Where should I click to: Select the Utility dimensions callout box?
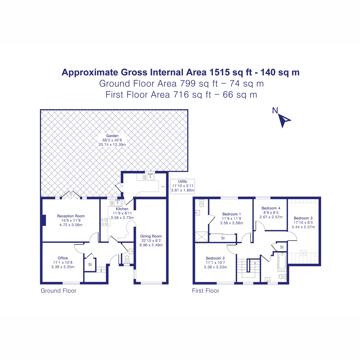point(182,186)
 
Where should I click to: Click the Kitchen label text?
point(122,209)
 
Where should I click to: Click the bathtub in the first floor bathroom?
point(282,261)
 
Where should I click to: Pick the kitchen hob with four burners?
point(104,222)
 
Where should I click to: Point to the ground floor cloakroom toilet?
point(127,259)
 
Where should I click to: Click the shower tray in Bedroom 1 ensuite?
point(201,236)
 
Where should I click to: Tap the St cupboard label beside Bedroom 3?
point(282,247)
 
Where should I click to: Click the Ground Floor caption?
point(58,291)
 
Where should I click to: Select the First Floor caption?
point(205,291)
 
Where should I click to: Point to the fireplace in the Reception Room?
point(44,220)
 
